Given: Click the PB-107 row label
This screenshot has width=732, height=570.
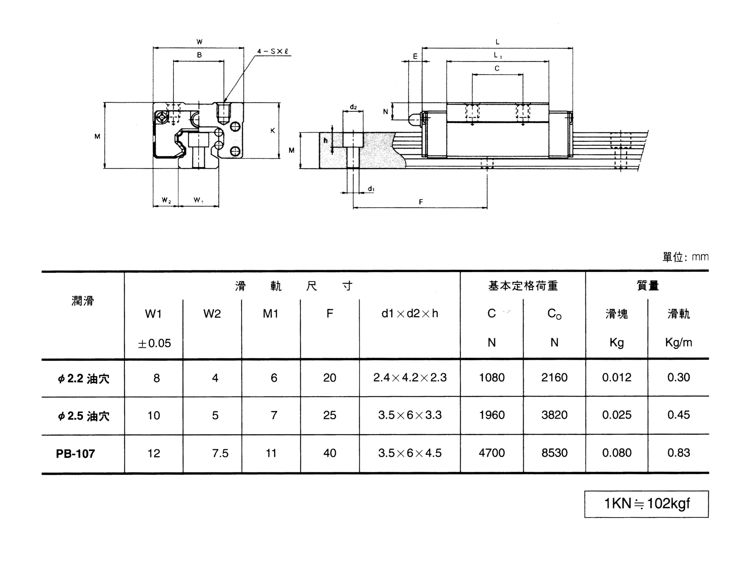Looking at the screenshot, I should (75, 454).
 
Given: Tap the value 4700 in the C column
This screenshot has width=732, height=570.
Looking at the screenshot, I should (491, 453).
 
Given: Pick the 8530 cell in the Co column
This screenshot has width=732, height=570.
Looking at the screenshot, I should (554, 453).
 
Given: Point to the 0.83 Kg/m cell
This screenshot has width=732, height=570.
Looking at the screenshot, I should (678, 453).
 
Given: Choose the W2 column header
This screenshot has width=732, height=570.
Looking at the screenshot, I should (212, 314).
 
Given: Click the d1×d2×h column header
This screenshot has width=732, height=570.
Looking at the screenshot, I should (410, 314).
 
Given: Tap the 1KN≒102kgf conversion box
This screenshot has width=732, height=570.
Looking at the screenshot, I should (646, 504).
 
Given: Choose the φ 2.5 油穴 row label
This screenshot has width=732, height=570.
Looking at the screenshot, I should (83, 416).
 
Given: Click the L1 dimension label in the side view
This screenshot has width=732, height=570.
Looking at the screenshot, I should (497, 55).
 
